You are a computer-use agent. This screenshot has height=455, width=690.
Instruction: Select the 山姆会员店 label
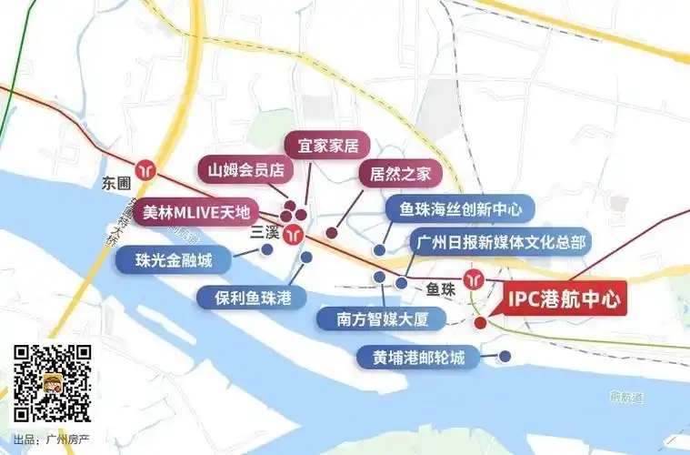pos(246,169)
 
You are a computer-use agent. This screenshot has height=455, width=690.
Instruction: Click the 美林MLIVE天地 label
pos(196,214)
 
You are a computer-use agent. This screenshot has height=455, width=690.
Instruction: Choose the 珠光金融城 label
pos(174,261)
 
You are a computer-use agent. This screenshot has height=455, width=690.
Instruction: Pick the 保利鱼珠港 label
pos(247,298)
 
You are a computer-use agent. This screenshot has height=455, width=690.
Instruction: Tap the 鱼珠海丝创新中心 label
pos(460,209)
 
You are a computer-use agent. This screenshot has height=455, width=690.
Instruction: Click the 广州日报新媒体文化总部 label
pos(501,243)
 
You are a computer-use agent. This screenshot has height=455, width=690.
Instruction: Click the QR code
pos(51,383)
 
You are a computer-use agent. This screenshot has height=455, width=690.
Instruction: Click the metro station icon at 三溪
pos(293,234)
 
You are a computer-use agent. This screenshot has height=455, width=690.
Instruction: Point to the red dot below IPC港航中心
pos(480,322)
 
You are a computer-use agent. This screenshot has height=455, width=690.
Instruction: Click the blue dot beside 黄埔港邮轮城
pos(503,356)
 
